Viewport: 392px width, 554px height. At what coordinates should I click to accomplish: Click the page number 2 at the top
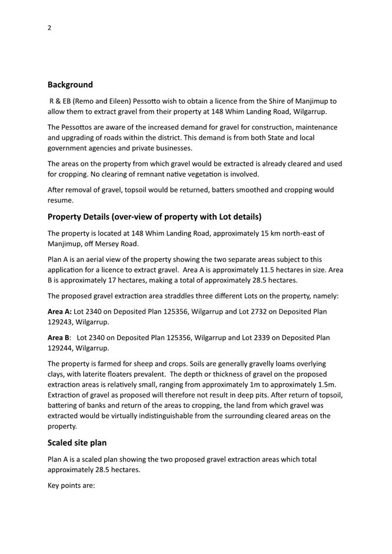[50, 27]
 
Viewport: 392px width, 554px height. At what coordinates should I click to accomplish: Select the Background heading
[70, 85]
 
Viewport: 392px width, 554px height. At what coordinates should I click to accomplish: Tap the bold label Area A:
[59, 311]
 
